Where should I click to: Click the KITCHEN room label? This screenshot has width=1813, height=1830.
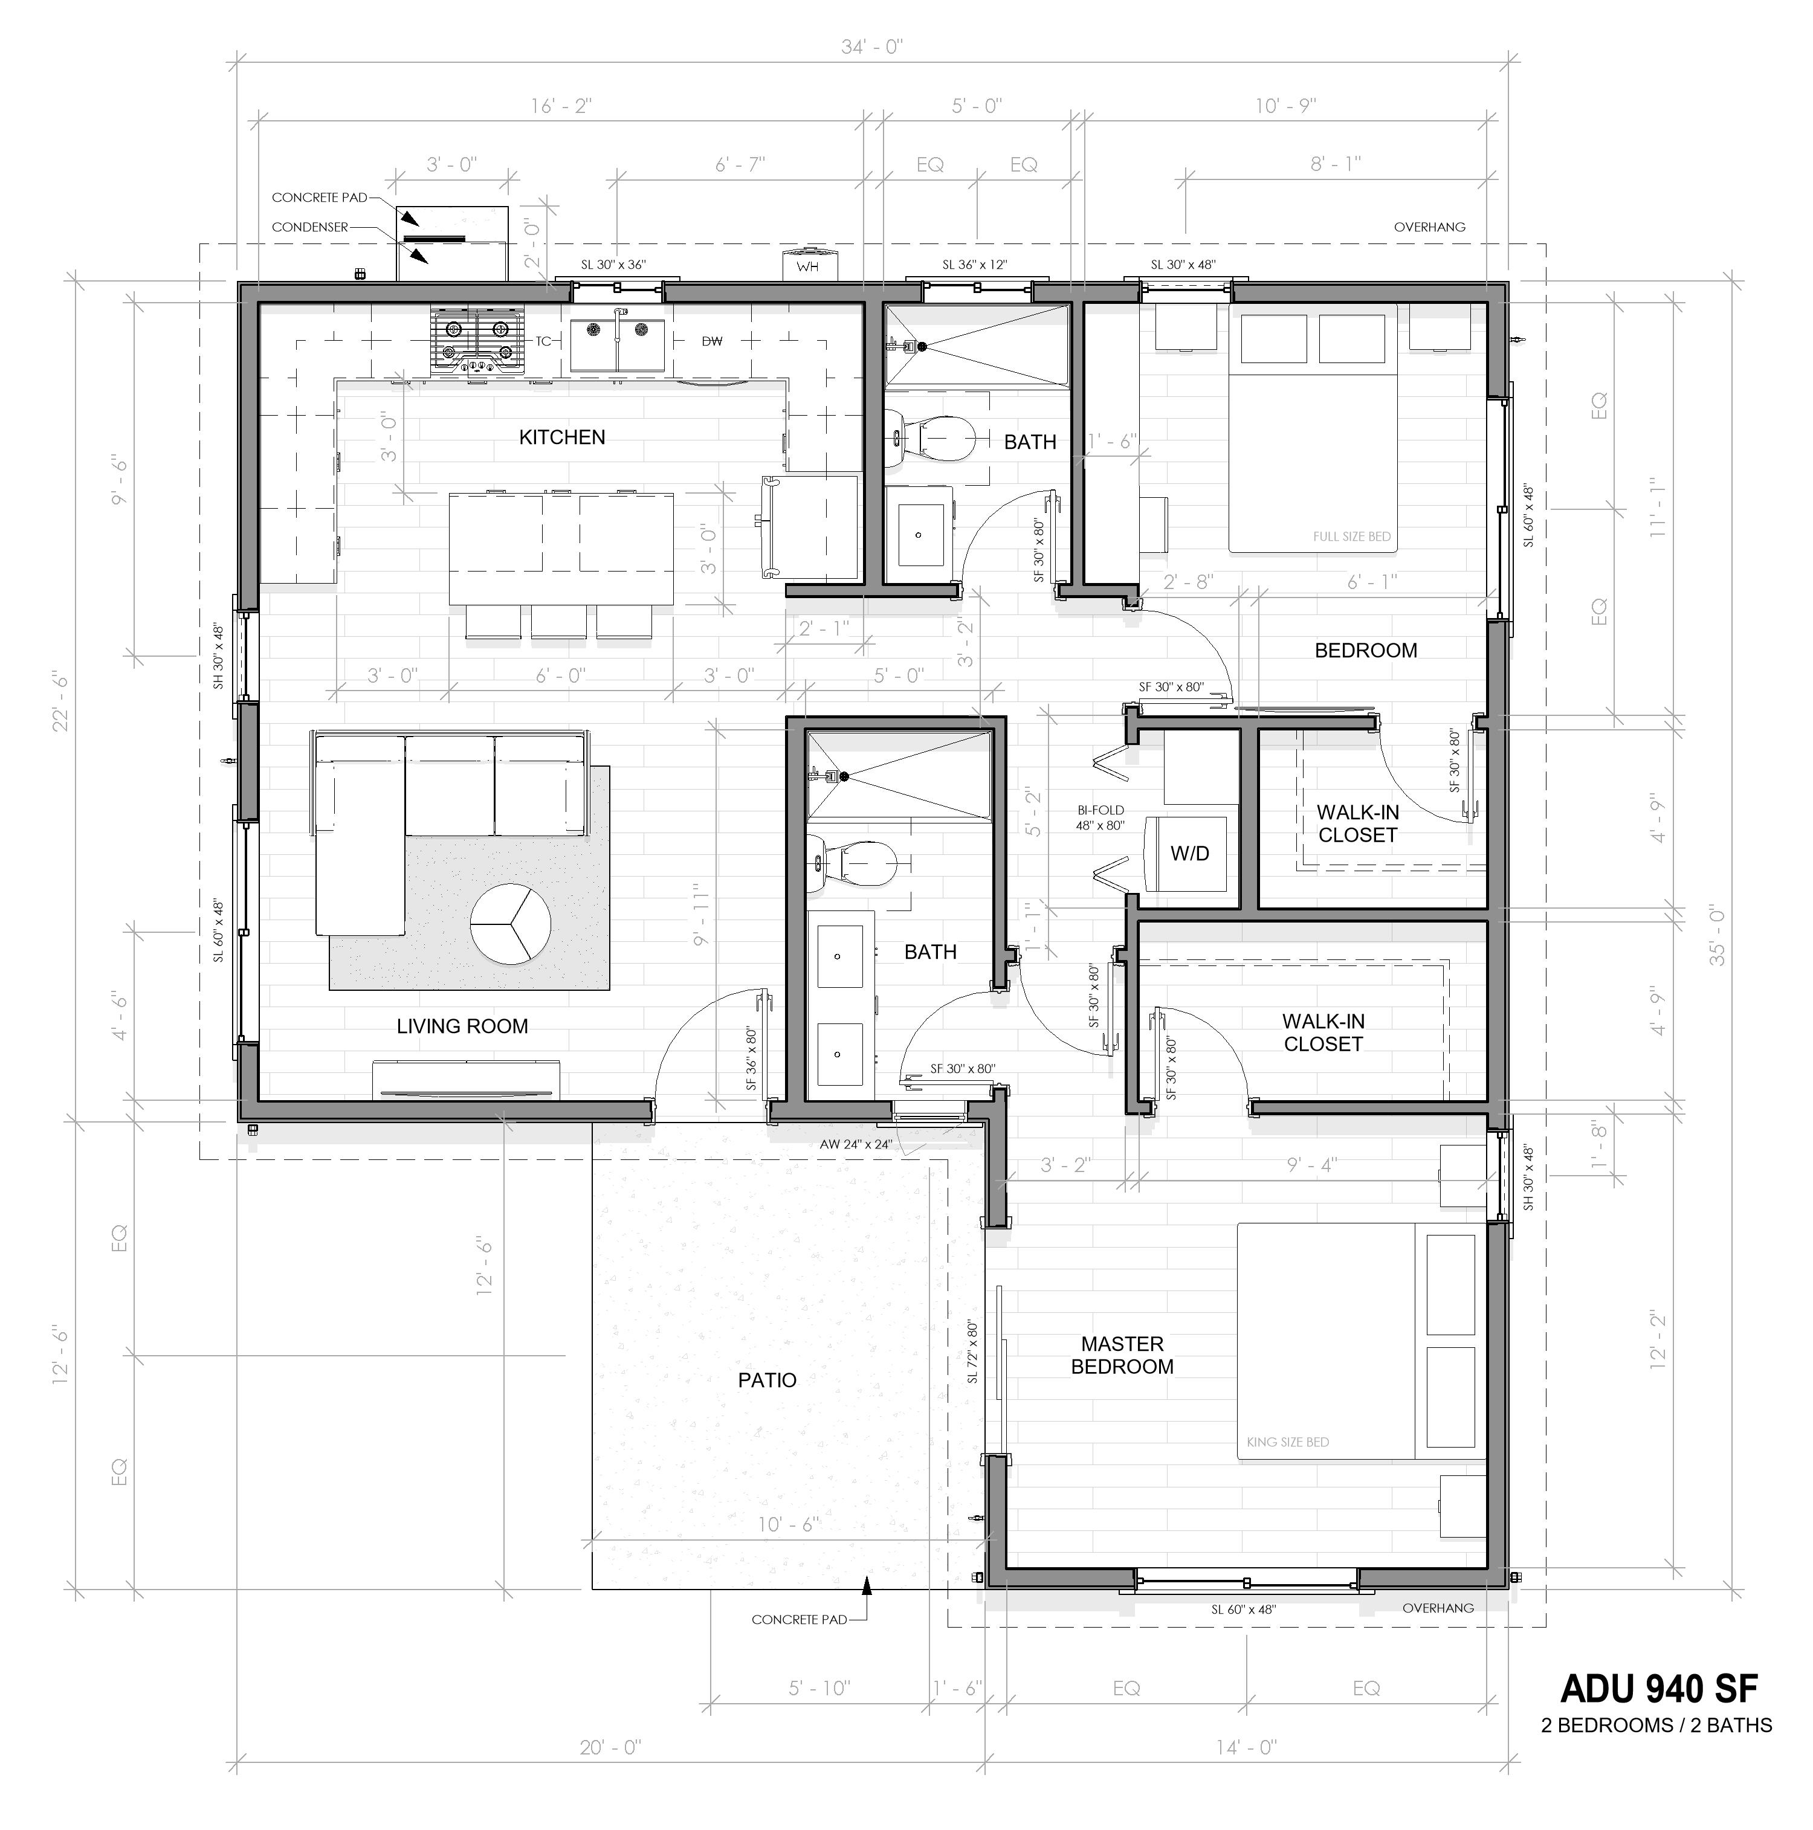point(561,437)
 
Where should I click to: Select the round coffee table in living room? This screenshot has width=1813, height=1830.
point(511,924)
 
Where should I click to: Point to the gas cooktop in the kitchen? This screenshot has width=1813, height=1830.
point(477,339)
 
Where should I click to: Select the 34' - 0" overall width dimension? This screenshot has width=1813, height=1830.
point(871,47)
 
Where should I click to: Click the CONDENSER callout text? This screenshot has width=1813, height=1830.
point(310,227)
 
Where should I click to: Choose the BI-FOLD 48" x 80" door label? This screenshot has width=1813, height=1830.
point(1100,817)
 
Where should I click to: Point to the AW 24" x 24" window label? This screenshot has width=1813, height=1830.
point(855,1144)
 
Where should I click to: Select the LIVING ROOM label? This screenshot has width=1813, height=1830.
point(462,1026)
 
